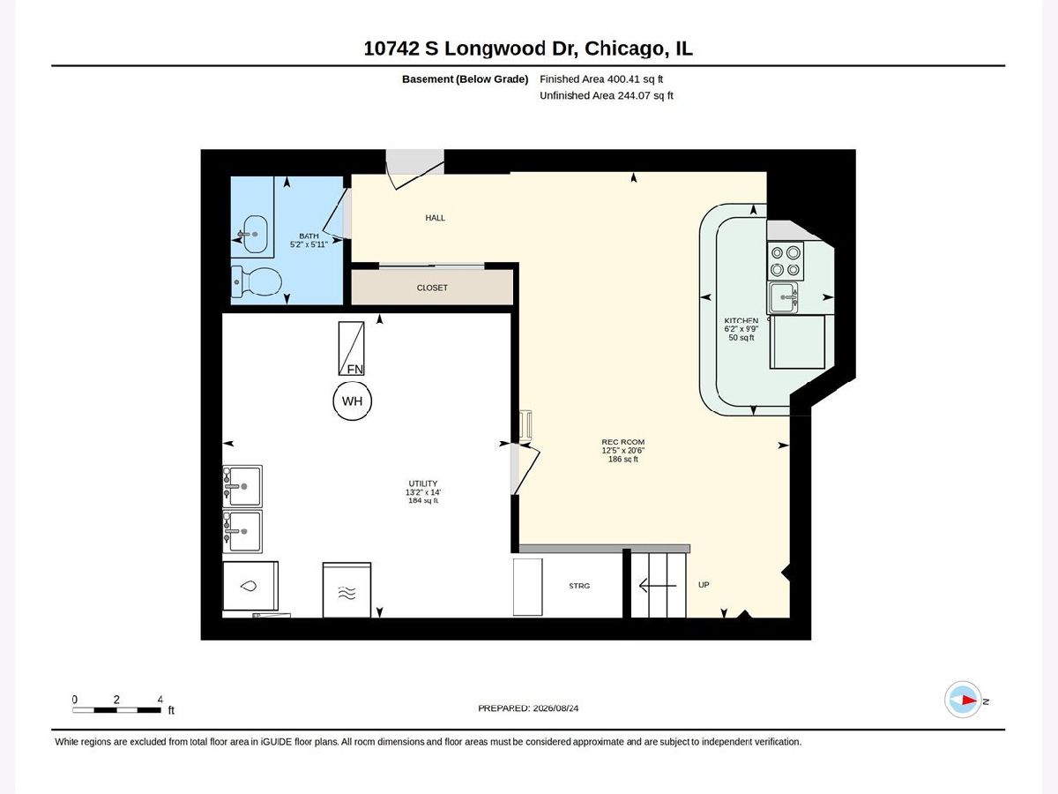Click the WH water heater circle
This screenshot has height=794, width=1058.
tap(352, 401)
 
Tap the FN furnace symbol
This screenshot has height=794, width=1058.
tap(351, 348)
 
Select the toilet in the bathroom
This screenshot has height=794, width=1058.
tap(257, 281)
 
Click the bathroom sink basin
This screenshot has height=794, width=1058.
tap(255, 234)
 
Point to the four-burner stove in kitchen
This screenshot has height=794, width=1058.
tap(786, 261)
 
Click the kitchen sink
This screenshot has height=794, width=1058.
tap(783, 297)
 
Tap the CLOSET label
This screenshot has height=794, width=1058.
tap(432, 288)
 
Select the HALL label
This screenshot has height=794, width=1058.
tap(435, 218)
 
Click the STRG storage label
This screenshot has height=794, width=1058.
tap(579, 586)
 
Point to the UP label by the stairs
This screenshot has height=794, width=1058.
tap(704, 585)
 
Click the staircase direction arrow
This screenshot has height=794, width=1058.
tap(658, 586)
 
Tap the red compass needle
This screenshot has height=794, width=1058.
tap(968, 700)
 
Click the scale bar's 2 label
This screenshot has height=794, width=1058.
tap(116, 699)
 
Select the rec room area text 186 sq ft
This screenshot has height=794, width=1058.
tap(622, 460)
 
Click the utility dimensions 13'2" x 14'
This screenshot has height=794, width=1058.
tap(422, 492)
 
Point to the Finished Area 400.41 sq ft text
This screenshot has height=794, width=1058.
tap(601, 79)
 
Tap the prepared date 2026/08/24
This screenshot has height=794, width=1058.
tap(555, 708)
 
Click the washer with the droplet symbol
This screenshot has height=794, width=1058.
tap(250, 586)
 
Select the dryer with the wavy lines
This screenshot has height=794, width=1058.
tap(346, 590)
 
